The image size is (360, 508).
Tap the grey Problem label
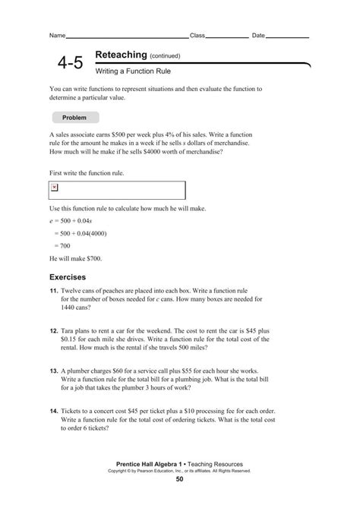pos(74,118)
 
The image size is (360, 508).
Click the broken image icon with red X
pos(55,187)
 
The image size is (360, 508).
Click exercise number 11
pos(53,292)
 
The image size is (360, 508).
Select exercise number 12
pos(53,332)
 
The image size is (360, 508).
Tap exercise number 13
pos(53,371)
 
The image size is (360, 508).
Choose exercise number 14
pos(53,411)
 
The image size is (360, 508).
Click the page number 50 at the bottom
pos(179,479)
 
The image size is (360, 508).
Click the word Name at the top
pos(57,36)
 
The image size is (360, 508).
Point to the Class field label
pos(197,36)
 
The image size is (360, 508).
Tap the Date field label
pos(258,36)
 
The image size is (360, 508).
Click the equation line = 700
pos(62,246)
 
